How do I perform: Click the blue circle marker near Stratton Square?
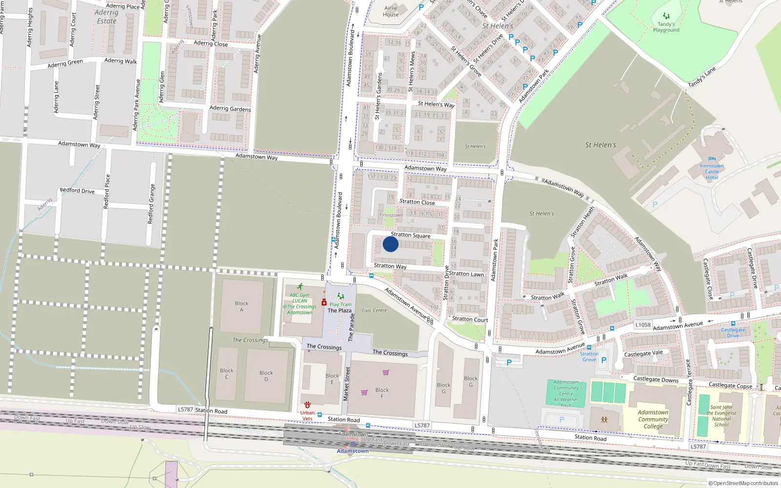point(390,244)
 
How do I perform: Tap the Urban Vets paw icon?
point(308,405)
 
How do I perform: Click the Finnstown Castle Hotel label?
point(712,171)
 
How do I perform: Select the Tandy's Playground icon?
point(666,17)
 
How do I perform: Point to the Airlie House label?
point(391,11)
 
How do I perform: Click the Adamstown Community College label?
point(653,419)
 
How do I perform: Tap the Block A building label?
point(242,306)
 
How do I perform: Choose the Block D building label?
point(266,376)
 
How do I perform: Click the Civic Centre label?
point(374,310)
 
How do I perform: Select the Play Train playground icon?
point(341,296)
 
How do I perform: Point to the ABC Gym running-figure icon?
point(300,287)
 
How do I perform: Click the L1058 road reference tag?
point(643,325)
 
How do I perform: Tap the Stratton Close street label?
point(417,202)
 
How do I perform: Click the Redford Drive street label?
point(77,191)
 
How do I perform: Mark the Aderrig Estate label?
point(106,17)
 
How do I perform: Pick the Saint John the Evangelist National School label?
point(721,416)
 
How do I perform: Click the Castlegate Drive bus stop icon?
point(733,324)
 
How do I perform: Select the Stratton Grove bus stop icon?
point(589,348)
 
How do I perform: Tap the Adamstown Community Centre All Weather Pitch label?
point(566,394)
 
